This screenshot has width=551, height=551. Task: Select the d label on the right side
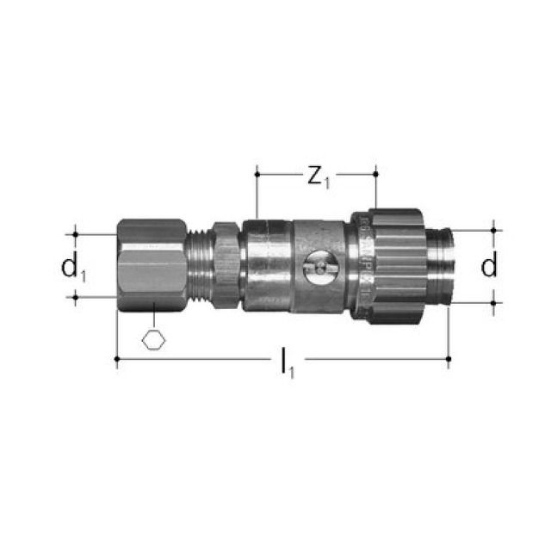tap(489, 266)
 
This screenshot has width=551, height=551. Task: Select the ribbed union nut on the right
tap(394, 264)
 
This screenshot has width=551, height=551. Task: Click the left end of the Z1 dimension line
tap(257, 175)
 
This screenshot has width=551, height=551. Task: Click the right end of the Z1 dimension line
tap(376, 175)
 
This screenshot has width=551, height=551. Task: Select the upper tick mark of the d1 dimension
tap(77, 233)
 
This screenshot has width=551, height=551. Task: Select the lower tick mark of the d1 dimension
tap(77, 298)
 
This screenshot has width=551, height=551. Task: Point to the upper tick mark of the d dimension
tap(493, 230)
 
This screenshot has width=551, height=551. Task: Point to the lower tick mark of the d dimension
tap(493, 301)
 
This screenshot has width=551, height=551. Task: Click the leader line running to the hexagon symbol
tap(153, 316)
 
